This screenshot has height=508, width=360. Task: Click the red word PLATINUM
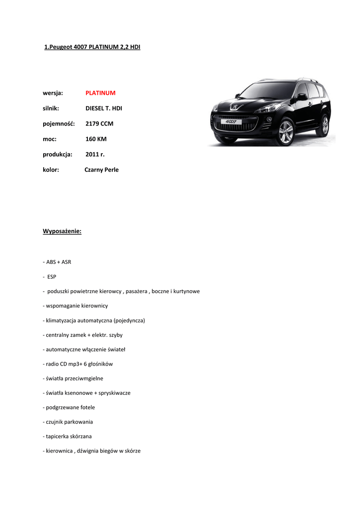click(x=100, y=93)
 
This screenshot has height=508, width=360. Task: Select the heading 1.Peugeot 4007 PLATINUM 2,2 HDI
click(x=92, y=47)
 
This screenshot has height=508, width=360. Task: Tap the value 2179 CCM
click(x=99, y=124)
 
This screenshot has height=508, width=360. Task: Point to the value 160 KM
click(x=96, y=139)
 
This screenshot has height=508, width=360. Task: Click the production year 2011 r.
click(x=95, y=154)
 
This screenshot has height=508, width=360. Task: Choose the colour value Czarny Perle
click(x=101, y=170)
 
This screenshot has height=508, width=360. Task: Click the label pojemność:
click(x=59, y=124)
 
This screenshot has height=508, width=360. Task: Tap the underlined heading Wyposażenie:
click(x=62, y=231)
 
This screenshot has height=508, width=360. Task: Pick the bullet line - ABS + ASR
click(x=57, y=262)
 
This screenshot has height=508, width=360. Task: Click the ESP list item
click(x=52, y=277)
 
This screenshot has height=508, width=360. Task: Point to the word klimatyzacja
click(x=63, y=320)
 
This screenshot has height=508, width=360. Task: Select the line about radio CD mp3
click(x=78, y=364)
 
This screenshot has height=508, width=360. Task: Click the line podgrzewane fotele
click(x=69, y=407)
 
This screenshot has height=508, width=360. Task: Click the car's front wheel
click(x=286, y=131)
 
